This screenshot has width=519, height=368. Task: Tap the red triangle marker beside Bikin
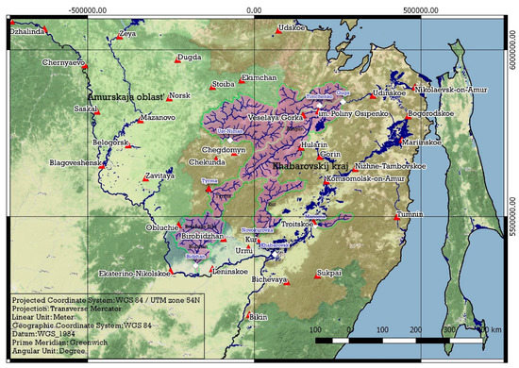249,316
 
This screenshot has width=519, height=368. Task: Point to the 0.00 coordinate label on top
254,9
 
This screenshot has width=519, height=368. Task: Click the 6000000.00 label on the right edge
512,67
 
